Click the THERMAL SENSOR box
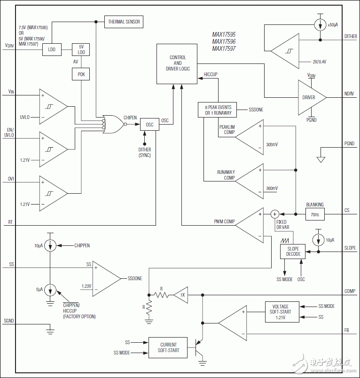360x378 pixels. (124, 22)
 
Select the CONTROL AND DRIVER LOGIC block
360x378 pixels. (177, 63)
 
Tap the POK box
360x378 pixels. (80, 74)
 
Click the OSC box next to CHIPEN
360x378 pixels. (149, 125)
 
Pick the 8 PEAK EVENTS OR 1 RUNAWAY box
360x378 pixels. (218, 110)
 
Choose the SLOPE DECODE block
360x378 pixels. (293, 251)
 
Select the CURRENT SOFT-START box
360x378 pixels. (168, 347)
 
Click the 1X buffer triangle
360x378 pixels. (180, 295)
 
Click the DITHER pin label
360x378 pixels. (350, 36)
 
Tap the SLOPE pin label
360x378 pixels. (350, 248)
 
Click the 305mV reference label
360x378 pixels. (271, 144)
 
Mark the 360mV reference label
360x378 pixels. (271, 188)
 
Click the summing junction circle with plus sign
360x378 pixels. (275, 214)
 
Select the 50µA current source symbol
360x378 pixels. (319, 24)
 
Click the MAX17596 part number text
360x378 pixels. (224, 41)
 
